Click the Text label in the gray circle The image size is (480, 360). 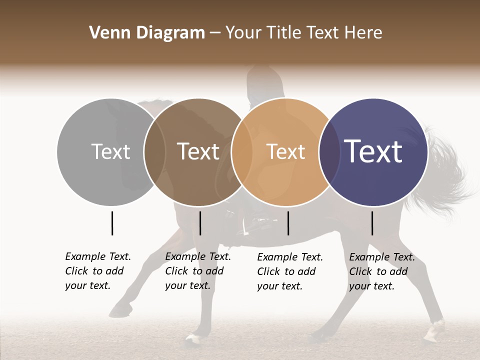click(110, 151)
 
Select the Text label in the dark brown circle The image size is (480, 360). click(198, 151)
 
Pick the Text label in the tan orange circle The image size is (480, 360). click(285, 151)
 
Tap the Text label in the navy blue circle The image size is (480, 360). click(373, 151)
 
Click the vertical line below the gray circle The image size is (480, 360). click(112, 223)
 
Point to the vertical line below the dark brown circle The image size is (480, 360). click(200, 223)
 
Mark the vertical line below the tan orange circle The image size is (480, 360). click(288, 223)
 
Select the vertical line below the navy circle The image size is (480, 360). click(372, 223)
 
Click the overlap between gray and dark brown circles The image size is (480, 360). click(155, 152)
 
